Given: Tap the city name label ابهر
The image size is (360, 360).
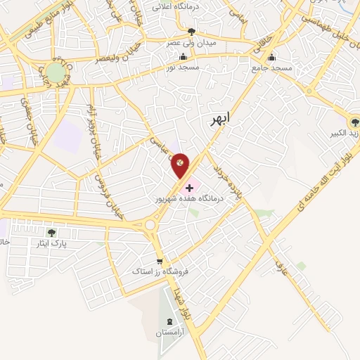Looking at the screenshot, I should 220,120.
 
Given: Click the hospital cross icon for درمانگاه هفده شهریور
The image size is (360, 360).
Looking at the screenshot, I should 190,188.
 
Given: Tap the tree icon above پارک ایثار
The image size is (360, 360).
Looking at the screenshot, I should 50,232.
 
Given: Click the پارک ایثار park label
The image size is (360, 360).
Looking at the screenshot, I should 50,243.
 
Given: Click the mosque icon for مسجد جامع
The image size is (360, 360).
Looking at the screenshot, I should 272,58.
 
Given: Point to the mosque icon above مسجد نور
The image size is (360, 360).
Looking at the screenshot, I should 184,57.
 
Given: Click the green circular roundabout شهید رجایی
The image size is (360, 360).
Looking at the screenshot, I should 56,72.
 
